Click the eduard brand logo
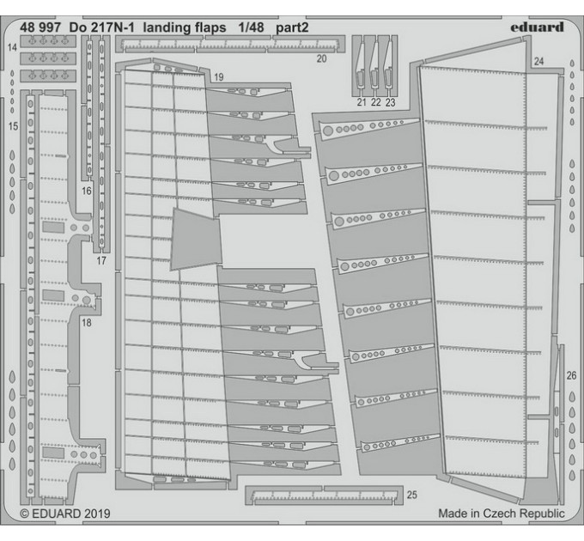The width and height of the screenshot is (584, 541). (537, 27)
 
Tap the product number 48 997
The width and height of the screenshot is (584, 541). (40, 27)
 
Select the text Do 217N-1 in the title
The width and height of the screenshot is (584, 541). (101, 27)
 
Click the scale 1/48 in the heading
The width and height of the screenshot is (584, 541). (251, 27)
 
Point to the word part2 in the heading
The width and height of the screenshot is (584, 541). (292, 28)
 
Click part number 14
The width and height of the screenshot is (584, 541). (12, 47)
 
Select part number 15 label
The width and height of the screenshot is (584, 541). (13, 126)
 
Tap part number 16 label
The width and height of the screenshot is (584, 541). (87, 191)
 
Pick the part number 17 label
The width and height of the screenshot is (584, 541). (101, 261)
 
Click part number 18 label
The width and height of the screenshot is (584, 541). (87, 322)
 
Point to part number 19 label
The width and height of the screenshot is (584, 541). (219, 77)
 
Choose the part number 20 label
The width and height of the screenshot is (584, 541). (321, 58)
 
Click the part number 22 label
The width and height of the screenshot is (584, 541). (376, 102)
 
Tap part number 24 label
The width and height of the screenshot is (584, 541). (539, 61)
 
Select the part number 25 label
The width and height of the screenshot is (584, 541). (412, 495)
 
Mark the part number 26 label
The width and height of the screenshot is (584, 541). (571, 375)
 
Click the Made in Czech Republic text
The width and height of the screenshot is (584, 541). (502, 513)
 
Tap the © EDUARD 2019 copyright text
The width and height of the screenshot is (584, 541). (65, 514)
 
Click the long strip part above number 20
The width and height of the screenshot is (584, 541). (230, 45)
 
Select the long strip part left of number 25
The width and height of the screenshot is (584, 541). (324, 495)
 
